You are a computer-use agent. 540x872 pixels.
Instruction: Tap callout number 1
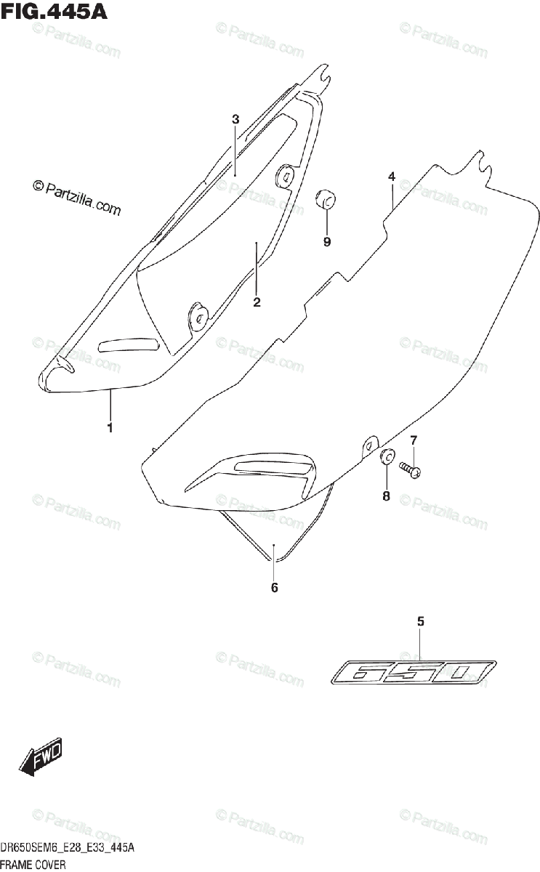point(110,428)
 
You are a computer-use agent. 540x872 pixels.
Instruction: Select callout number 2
point(257,302)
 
